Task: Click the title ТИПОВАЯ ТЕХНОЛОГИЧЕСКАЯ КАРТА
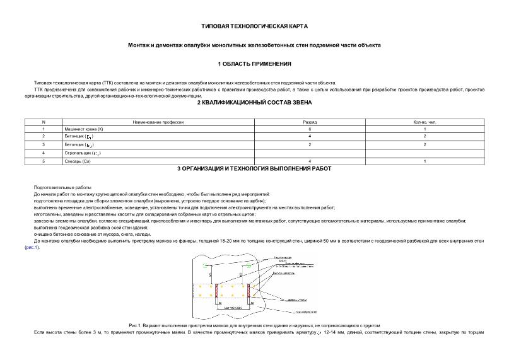click(x=254, y=28)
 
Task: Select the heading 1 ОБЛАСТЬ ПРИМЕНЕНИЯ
click(x=254, y=64)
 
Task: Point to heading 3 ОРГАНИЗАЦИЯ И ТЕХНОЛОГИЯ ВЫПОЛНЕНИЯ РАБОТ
click(x=254, y=168)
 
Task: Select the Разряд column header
click(x=310, y=121)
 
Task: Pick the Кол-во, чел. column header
click(x=425, y=121)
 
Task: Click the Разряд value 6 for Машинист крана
click(x=310, y=129)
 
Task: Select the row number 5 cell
click(x=43, y=161)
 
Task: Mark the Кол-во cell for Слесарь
click(x=425, y=161)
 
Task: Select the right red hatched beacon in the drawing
click(x=249, y=292)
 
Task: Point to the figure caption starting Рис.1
click(x=254, y=325)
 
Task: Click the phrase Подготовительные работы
click(x=62, y=188)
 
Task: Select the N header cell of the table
click(x=43, y=121)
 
